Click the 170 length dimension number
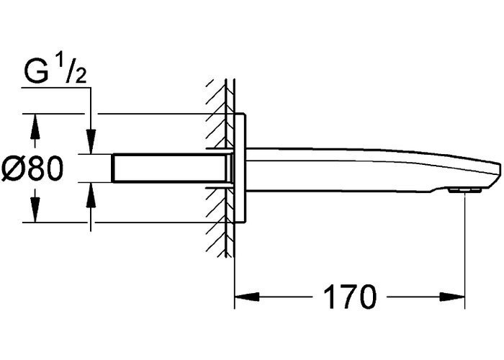349,297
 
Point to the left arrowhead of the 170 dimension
247,297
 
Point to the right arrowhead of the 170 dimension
453,297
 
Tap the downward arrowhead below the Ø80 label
35,210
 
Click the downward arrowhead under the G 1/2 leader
91,142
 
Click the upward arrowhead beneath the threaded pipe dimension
91,195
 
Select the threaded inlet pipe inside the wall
172,168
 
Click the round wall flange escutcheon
240,168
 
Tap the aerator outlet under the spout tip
465,191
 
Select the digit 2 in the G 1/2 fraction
81,77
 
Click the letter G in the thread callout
35,72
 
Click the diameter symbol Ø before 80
13,169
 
